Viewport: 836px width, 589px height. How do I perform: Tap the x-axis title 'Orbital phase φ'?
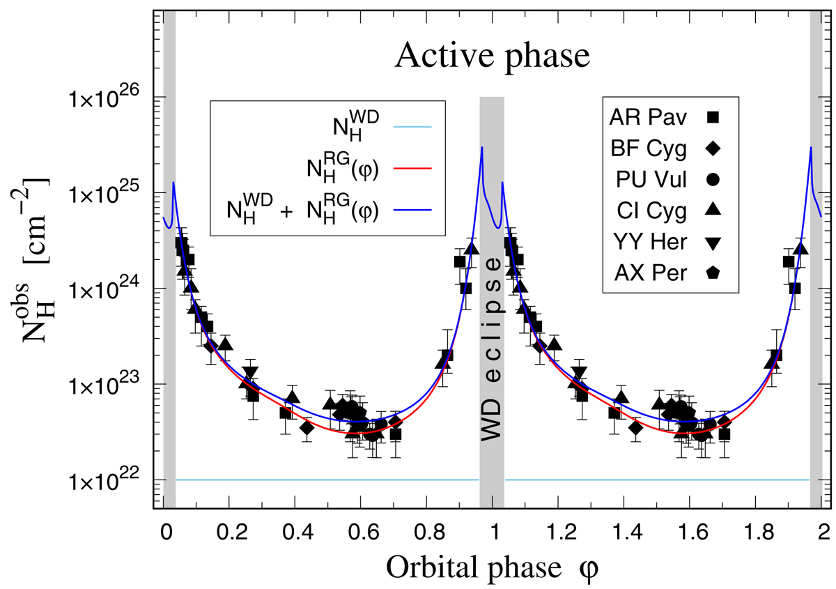tap(493, 566)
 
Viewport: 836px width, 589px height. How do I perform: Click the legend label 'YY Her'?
tap(649, 243)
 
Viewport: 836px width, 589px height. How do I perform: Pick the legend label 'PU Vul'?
tap(649, 180)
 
